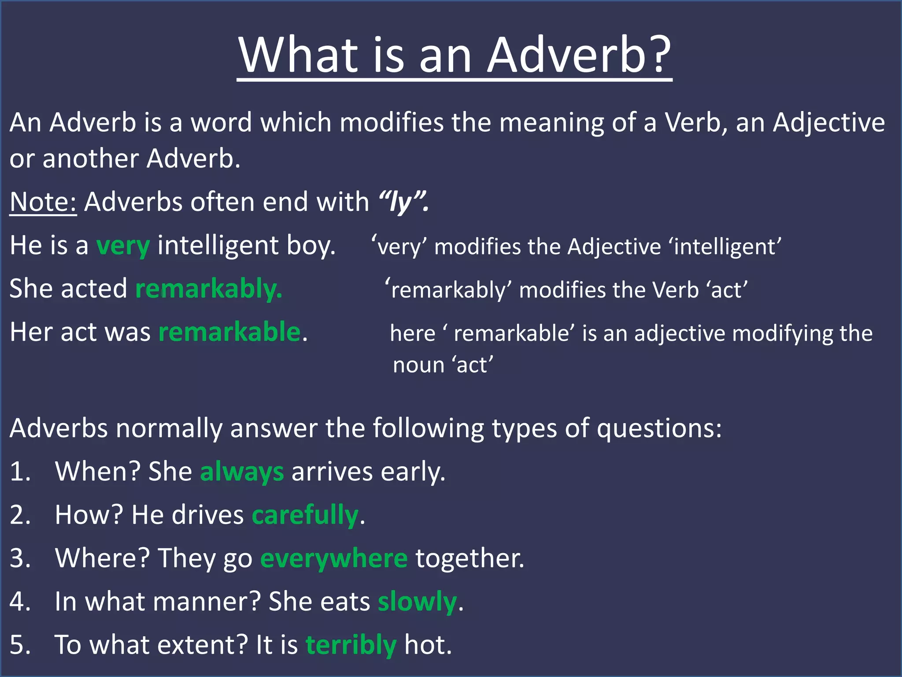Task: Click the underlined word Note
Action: [x=43, y=202]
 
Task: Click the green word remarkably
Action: [x=208, y=289]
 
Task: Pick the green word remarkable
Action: [x=229, y=332]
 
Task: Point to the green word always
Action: [x=242, y=472]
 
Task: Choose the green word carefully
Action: [x=305, y=515]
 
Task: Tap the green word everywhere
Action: [x=334, y=558]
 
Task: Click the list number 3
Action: [x=20, y=558]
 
